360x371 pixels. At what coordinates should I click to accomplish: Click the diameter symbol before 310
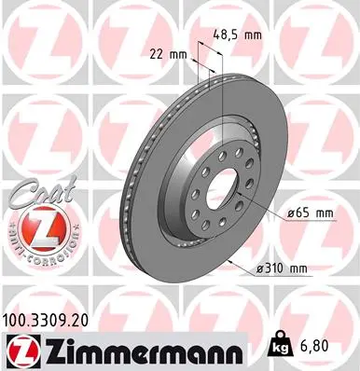coord(258,270)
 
